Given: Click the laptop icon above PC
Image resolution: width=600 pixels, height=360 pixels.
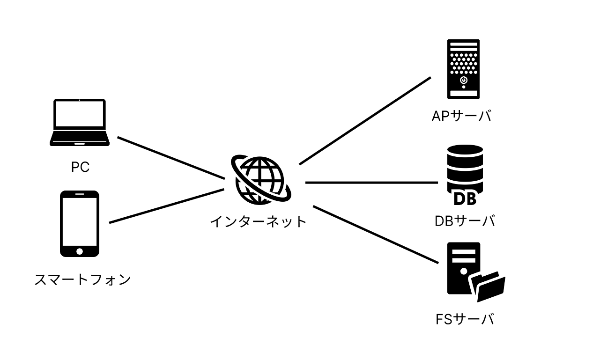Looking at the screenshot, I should point(80,122).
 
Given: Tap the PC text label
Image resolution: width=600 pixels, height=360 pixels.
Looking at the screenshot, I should point(80,167).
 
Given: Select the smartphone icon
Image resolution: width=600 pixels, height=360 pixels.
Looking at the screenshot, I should point(80,223).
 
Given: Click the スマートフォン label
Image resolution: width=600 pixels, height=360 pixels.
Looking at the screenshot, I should point(82,280).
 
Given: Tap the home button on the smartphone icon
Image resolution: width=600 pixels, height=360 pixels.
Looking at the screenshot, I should point(80,251).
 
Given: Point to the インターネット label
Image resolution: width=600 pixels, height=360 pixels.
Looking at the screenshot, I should point(258,220).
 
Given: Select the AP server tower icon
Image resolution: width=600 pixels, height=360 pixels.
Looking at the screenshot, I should point(463,69).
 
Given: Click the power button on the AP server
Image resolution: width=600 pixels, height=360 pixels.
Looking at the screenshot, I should point(463,81).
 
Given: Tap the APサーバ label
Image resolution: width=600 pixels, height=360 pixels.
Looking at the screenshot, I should point(461,116).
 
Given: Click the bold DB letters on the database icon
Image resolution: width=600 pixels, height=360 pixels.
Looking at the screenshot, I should point(465,198).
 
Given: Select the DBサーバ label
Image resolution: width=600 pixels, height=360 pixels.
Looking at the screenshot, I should point(465,220).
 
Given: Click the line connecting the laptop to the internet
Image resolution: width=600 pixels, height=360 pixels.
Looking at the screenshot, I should point(171,158).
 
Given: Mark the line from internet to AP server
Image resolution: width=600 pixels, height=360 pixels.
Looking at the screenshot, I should point(365,121).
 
